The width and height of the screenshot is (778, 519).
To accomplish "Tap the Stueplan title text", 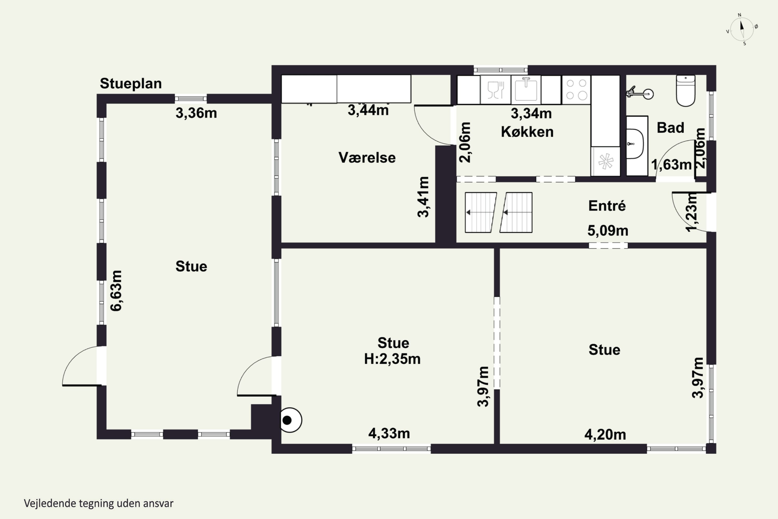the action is (x=131, y=83).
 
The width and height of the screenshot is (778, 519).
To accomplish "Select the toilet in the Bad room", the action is (x=686, y=91).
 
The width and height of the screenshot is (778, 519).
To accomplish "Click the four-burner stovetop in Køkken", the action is (x=576, y=90).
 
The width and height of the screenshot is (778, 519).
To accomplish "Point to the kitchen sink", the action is (x=526, y=89).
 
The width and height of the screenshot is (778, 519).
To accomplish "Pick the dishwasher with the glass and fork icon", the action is (x=496, y=90).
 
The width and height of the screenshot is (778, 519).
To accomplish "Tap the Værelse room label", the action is (x=367, y=158).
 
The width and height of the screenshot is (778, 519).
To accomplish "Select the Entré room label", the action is (x=607, y=206).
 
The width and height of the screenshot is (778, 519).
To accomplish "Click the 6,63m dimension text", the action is (x=116, y=291).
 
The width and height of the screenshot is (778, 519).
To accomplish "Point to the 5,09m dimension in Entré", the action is (x=608, y=231).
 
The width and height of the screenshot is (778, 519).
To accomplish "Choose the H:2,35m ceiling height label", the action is (x=392, y=359).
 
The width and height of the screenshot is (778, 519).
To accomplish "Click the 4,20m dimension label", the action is (x=605, y=435).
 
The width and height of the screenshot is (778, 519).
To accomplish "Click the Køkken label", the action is (x=527, y=132).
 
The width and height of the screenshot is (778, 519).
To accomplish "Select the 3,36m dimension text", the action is (x=196, y=113).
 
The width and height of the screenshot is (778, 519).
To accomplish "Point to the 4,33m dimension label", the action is (x=389, y=434).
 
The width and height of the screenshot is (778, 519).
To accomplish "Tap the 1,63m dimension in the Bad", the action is (x=671, y=165).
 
